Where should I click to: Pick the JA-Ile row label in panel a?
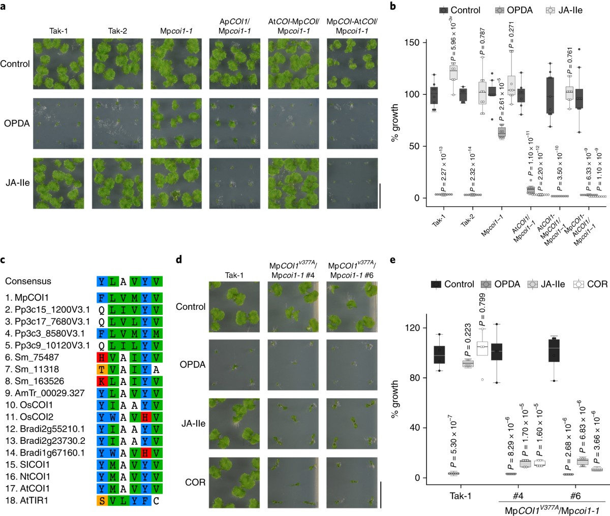click(16, 182)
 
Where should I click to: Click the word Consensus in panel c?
click(28, 281)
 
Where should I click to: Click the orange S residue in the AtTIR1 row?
click(102, 501)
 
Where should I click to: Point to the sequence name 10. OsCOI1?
click(29, 405)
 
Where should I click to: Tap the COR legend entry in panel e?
click(590, 284)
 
